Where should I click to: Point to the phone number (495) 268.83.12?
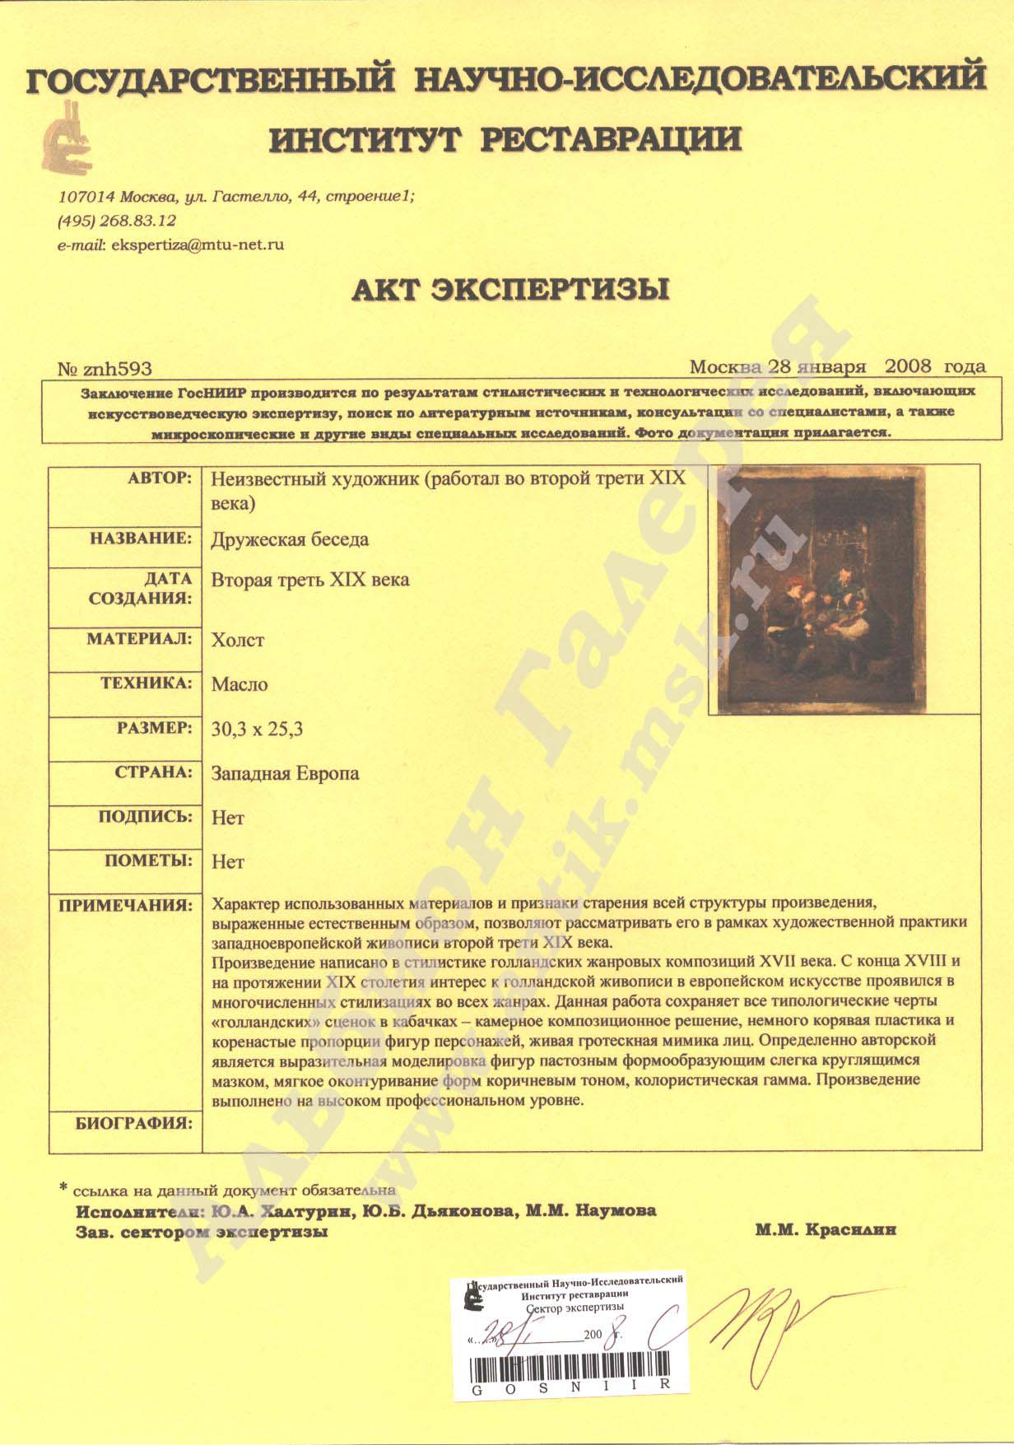click(117, 221)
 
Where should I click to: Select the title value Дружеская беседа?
click(290, 540)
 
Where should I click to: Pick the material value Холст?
click(238, 640)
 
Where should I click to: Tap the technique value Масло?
click(240, 684)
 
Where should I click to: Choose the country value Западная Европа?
click(285, 773)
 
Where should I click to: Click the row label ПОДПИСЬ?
click(145, 817)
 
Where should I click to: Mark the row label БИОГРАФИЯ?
click(133, 1122)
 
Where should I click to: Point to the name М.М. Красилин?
click(824, 1230)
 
